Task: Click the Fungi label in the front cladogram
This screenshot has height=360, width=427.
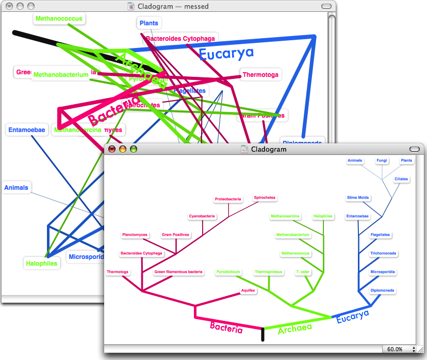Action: pos(382,160)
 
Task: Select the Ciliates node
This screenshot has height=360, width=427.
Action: pos(401,179)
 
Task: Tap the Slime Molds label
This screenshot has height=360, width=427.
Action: pos(358,198)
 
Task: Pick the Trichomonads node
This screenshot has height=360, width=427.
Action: pos(383,253)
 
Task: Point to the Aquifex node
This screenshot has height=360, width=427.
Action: pos(248,290)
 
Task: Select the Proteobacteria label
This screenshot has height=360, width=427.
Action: pos(228,199)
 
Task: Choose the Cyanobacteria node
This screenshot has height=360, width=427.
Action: pos(202,216)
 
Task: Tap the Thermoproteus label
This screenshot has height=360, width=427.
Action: pos(267,272)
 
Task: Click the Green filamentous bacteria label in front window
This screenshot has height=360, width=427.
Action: pos(178,272)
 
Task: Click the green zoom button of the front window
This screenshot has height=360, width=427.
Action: pos(134,149)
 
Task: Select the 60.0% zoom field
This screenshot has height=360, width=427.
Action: pos(395,349)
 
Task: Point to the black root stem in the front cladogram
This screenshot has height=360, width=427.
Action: pos(263,334)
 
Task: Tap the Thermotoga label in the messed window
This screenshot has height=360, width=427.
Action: pos(260,75)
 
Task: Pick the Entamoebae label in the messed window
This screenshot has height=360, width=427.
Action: pos(27,129)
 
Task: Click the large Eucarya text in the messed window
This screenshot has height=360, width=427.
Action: pos(226,53)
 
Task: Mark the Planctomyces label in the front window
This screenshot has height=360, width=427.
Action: pos(135,235)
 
